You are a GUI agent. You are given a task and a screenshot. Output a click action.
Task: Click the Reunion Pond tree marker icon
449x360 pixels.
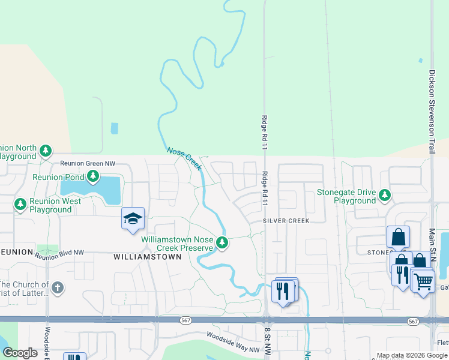point(92,176)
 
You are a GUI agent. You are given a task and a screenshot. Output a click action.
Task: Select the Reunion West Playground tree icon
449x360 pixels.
point(20,205)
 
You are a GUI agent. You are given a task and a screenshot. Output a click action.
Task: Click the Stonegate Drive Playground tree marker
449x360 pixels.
point(385,196)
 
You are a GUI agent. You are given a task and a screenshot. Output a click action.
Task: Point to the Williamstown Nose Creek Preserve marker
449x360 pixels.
point(222,243)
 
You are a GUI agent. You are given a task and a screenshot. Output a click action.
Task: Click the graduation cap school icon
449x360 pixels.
point(133,219)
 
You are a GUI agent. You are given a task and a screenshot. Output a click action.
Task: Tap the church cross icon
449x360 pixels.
point(58,287)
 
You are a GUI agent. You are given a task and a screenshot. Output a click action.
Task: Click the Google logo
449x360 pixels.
point(20,353)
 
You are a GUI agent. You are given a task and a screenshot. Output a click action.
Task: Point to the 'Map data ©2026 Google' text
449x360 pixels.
point(412,355)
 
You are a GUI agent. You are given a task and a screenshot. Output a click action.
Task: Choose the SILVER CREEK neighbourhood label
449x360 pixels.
point(286,221)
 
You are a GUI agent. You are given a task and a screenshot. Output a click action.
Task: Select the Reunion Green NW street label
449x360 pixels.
point(87,164)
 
